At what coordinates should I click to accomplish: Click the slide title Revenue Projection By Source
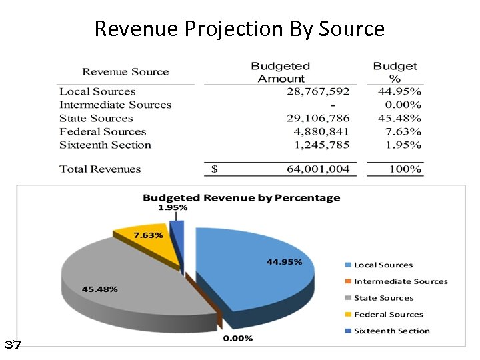click(x=239, y=29)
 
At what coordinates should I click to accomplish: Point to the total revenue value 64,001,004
click(x=317, y=169)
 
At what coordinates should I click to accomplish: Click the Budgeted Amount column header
click(x=281, y=72)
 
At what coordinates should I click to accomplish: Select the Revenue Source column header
click(x=125, y=72)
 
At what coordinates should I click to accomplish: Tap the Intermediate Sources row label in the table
click(x=115, y=105)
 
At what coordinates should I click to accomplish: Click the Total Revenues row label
click(x=100, y=169)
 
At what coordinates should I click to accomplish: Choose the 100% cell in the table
click(x=405, y=169)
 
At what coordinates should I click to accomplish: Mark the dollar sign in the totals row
click(x=214, y=169)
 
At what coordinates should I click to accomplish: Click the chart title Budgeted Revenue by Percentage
click(x=241, y=197)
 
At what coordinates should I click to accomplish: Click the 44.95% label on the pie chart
click(x=284, y=261)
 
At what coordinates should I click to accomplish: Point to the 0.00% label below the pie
click(x=237, y=338)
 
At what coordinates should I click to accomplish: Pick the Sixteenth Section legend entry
click(x=391, y=331)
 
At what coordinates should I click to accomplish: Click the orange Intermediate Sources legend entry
click(x=400, y=281)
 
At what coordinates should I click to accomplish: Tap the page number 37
click(x=13, y=345)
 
